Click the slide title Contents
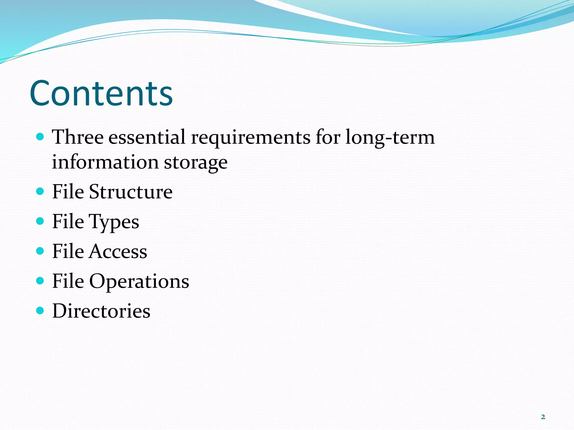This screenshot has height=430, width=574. pyautogui.click(x=101, y=94)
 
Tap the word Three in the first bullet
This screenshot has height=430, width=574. pyautogui.click(x=78, y=137)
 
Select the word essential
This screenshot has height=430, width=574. pyautogui.click(x=147, y=137)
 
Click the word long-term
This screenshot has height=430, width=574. pyautogui.click(x=390, y=137)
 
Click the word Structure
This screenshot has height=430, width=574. pyautogui.click(x=131, y=192)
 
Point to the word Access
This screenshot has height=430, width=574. pyautogui.click(x=118, y=251)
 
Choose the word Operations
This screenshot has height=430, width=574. pyautogui.click(x=139, y=281)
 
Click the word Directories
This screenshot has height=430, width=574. pyautogui.click(x=101, y=311)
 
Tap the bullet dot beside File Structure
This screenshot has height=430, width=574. pyautogui.click(x=40, y=191)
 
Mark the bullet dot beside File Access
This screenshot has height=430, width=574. pyautogui.click(x=40, y=251)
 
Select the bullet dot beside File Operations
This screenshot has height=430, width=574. pyautogui.click(x=40, y=281)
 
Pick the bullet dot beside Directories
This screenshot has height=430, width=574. pyautogui.click(x=40, y=310)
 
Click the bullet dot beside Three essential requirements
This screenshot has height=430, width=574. pyautogui.click(x=40, y=137)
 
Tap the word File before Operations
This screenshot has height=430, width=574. pyautogui.click(x=68, y=281)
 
